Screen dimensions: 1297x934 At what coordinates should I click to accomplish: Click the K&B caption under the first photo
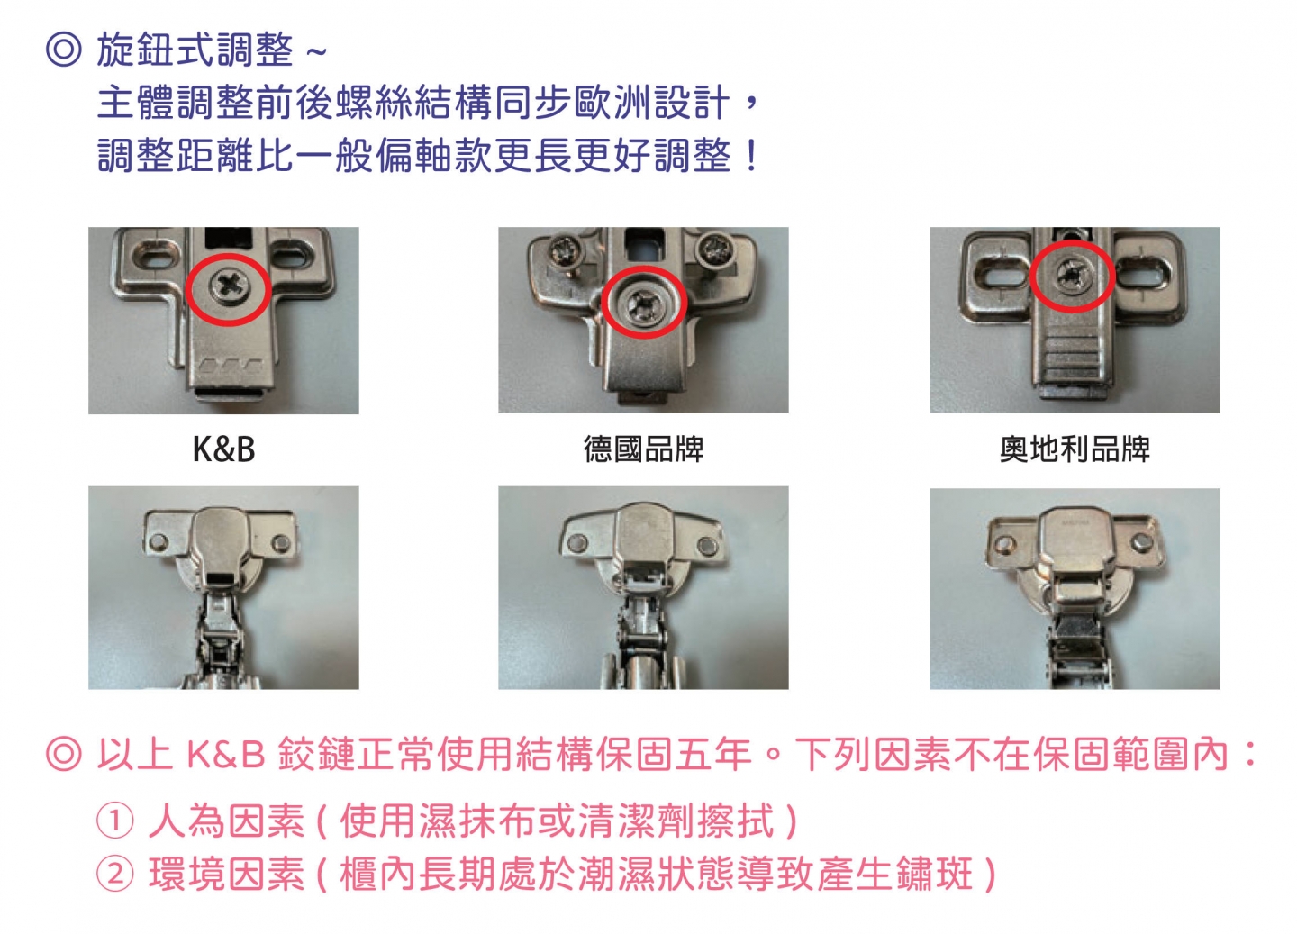pos(223,449)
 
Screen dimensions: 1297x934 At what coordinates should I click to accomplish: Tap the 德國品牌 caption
pos(643,449)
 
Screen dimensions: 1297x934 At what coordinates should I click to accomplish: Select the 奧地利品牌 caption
pos(1075,449)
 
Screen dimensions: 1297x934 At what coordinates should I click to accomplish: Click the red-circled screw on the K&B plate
pos(230,287)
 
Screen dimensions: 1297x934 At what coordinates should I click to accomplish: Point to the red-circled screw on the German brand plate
pos(644,303)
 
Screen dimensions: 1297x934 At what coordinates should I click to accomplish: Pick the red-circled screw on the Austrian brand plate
pos(1073,277)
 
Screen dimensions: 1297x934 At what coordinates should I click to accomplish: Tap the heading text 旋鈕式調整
pos(195,50)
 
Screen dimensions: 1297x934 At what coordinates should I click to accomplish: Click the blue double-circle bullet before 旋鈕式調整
pos(63,50)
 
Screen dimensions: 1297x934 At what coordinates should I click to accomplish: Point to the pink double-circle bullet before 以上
pos(63,754)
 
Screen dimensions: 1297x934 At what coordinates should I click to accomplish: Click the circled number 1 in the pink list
pos(114,821)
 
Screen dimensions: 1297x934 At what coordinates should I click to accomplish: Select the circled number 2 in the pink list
pos(114,874)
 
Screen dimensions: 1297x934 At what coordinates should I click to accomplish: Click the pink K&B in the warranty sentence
pos(226,755)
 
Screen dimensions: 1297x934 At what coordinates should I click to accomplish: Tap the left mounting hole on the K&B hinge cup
pos(157,542)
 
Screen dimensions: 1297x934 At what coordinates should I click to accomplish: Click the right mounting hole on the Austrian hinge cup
pos(1140,542)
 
